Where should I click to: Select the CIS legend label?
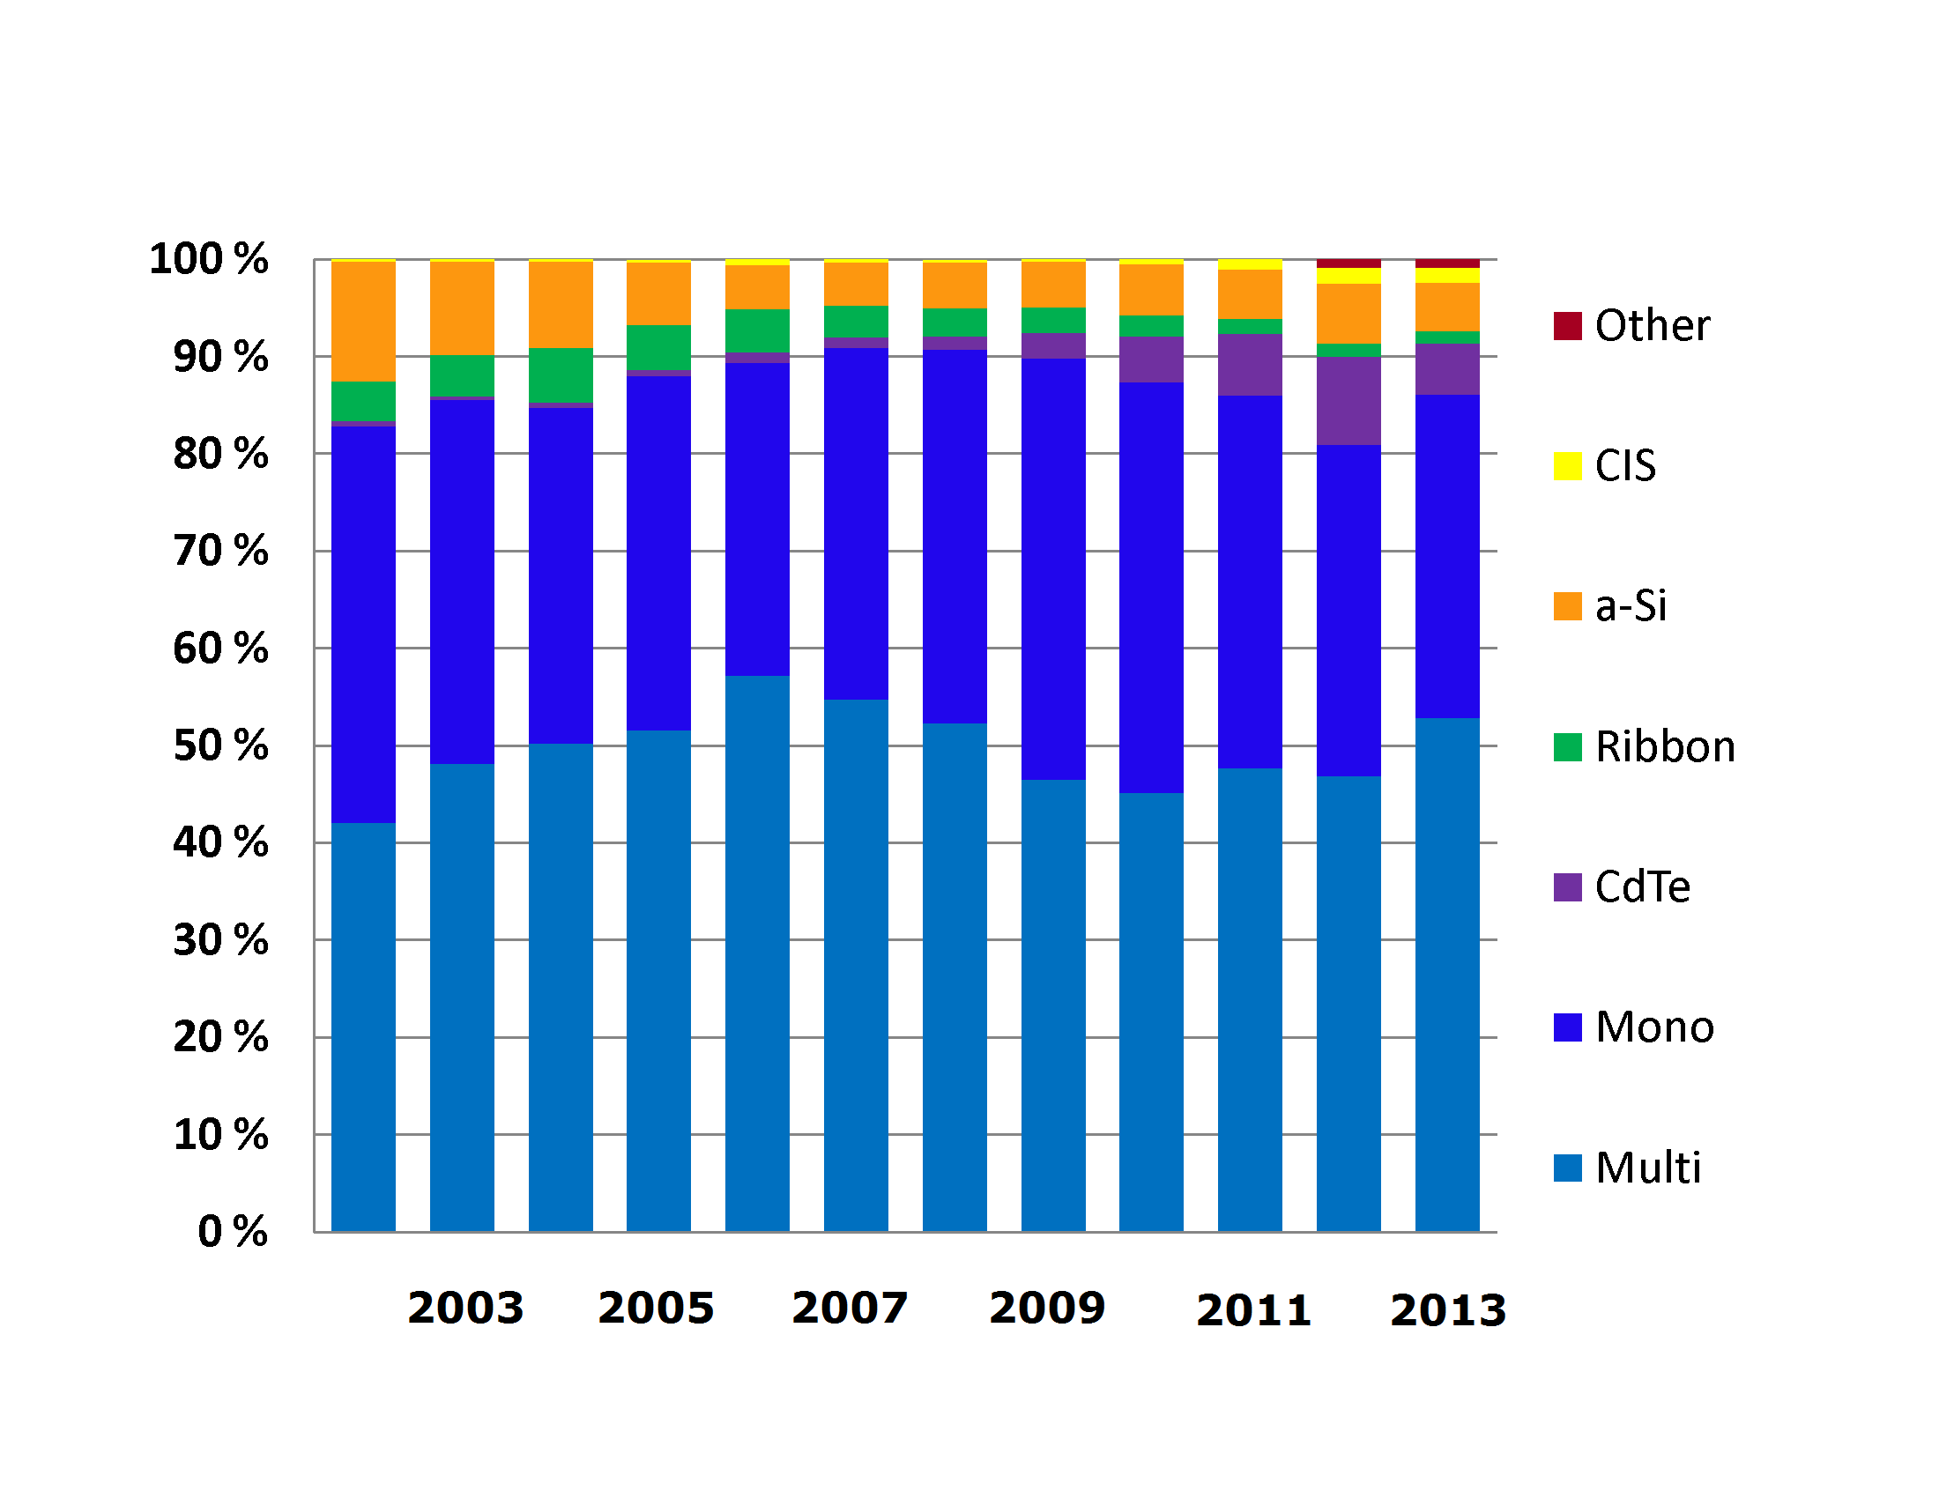pyautogui.click(x=1624, y=466)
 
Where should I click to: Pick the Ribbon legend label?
pyautogui.click(x=1665, y=746)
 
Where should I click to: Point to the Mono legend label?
pyautogui.click(x=1654, y=1027)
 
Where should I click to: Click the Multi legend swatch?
pyautogui.click(x=1567, y=1168)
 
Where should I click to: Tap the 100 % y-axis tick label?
pyautogui.click(x=209, y=259)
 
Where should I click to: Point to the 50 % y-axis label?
pyautogui.click(x=220, y=745)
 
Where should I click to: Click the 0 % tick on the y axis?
pyautogui.click(x=233, y=1231)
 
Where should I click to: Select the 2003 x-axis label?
pyautogui.click(x=465, y=1307)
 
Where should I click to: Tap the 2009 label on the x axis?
pyautogui.click(x=1048, y=1307)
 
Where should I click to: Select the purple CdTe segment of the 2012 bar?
pyautogui.click(x=1348, y=401)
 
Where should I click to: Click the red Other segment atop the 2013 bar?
pyautogui.click(x=1447, y=263)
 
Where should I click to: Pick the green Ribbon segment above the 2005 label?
pyautogui.click(x=658, y=348)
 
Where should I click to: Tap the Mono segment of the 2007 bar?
pyautogui.click(x=856, y=523)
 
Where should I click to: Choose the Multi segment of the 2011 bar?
pyautogui.click(x=1250, y=999)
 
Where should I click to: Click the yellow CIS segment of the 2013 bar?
pyautogui.click(x=1447, y=276)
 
